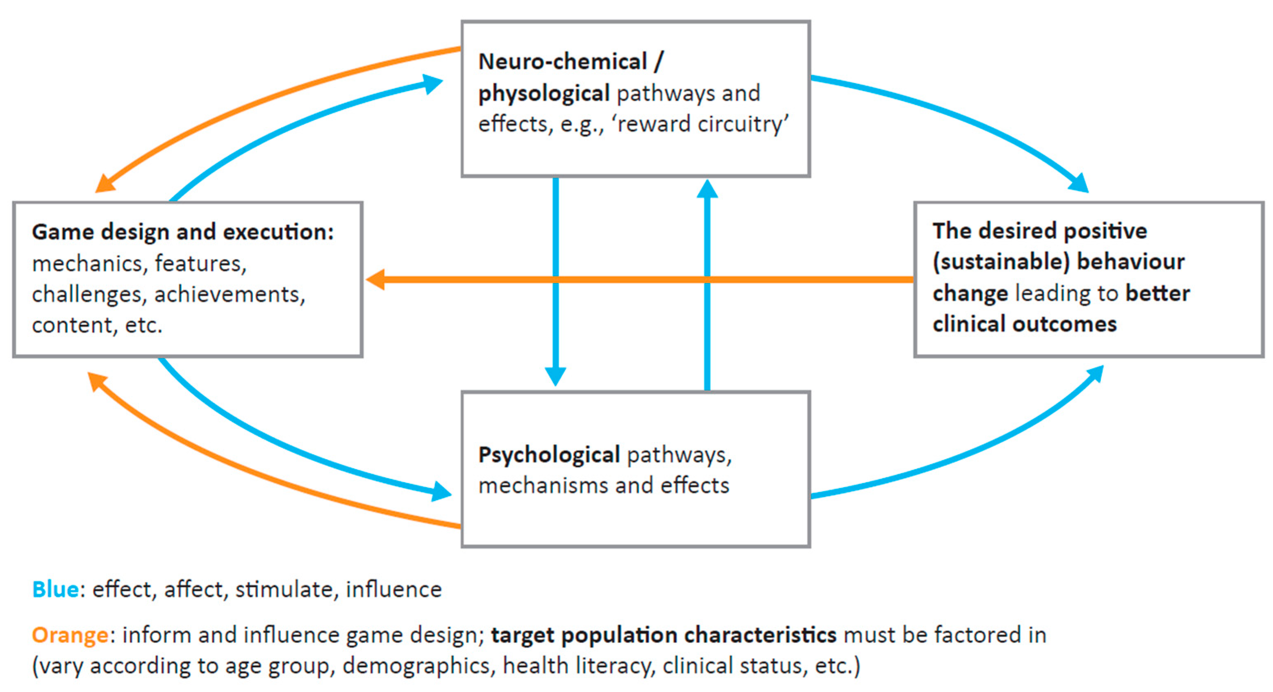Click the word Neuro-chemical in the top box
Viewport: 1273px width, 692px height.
pos(562,62)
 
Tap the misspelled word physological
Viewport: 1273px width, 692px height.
pos(543,94)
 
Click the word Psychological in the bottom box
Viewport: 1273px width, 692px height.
pos(548,455)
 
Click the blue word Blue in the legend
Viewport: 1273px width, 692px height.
pos(55,590)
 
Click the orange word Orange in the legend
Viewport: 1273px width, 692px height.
pos(70,635)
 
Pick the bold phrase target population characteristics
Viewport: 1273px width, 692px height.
pos(663,635)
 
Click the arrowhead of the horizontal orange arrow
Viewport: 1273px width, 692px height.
pos(375,279)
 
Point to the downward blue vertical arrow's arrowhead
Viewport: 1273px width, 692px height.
pos(555,377)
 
